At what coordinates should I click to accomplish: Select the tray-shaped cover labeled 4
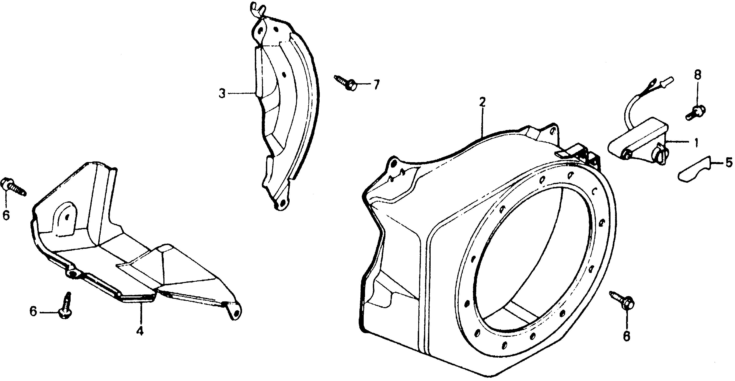click(x=134, y=243)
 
